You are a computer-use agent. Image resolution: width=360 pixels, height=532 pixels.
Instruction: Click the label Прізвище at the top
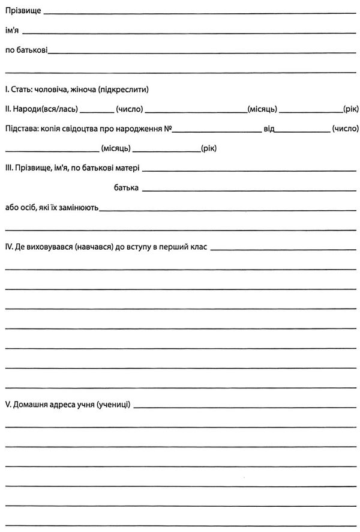(22, 10)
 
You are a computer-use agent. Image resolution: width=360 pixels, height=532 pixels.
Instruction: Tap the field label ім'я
(12, 31)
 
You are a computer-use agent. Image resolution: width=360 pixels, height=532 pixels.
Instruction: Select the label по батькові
(26, 50)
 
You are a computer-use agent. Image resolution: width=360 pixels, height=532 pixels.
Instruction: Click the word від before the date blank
(268, 128)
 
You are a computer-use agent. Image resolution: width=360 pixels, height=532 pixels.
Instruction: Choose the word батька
(126, 188)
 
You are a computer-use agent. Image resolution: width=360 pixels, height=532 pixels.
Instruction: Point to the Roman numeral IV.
(8, 246)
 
